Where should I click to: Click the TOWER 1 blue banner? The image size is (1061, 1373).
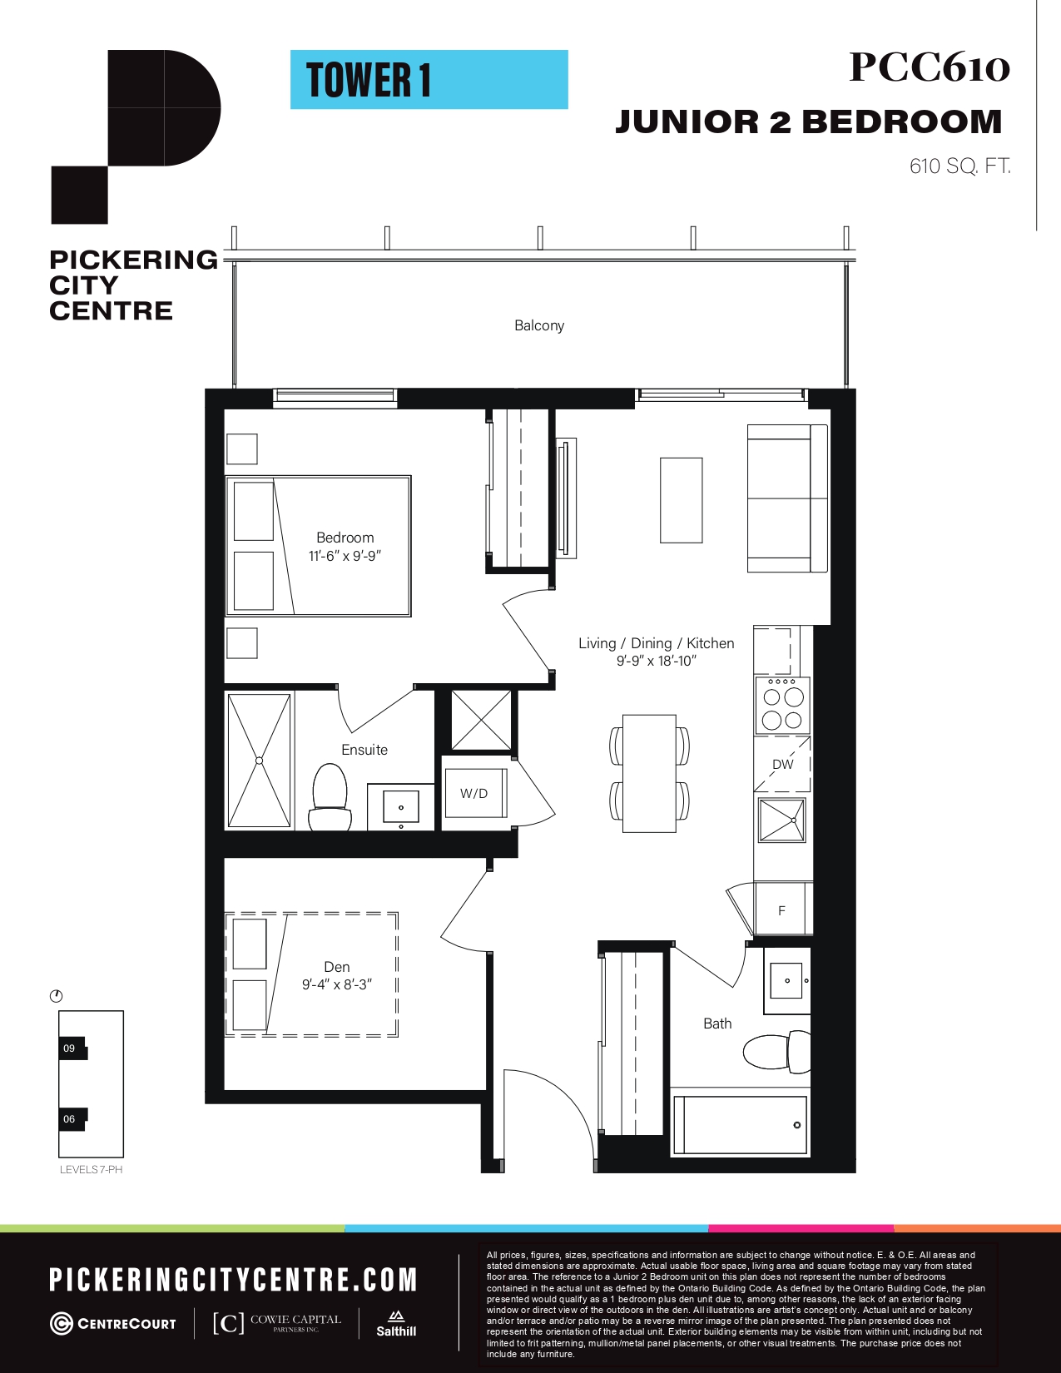(429, 80)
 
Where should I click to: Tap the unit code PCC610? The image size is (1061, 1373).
(930, 67)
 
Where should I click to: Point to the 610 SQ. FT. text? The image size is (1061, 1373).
(959, 166)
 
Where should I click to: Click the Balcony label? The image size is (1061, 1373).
(539, 325)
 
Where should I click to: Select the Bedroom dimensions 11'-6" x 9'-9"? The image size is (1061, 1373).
(345, 556)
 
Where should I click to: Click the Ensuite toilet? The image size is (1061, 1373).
(330, 797)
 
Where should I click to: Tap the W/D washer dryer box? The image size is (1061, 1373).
(474, 794)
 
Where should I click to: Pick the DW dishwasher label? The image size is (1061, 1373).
(782, 765)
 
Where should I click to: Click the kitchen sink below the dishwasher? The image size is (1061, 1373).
(782, 820)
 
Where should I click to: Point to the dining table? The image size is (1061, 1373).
(649, 773)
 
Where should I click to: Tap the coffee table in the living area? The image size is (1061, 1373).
(682, 500)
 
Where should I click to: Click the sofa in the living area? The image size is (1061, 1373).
(787, 498)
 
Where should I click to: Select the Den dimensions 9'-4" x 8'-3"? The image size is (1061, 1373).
(337, 984)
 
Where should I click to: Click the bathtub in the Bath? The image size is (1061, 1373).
(740, 1125)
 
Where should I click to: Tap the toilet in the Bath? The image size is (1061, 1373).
(777, 1052)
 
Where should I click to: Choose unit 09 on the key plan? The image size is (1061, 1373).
(72, 1048)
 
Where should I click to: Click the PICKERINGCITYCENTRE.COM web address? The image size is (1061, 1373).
(233, 1280)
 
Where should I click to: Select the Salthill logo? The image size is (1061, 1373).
(396, 1325)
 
